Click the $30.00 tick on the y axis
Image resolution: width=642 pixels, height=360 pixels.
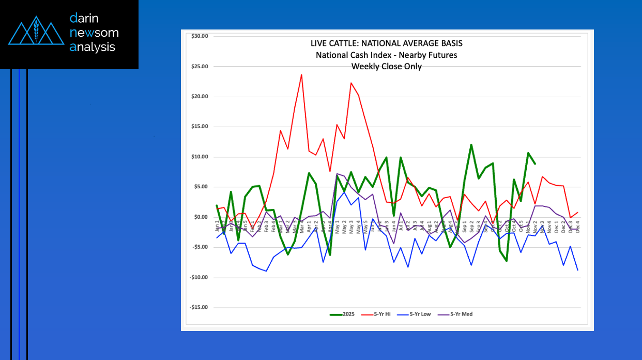pos(199,36)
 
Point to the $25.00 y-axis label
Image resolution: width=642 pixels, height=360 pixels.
pos(199,66)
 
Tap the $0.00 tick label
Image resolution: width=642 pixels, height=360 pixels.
pos(200,217)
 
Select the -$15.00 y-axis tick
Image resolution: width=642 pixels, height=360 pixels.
pos(198,307)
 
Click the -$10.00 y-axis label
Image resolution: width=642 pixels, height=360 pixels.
pos(198,277)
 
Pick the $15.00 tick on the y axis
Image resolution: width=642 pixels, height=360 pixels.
pos(199,127)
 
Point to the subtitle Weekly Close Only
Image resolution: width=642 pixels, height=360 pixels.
pos(387,66)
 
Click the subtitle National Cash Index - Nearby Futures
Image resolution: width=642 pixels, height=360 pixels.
pos(387,55)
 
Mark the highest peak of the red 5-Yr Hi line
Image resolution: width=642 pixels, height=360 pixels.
pos(301,74)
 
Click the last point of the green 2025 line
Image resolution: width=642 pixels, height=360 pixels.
pos(535,164)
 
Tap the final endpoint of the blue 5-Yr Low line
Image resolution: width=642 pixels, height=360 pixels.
pos(577,270)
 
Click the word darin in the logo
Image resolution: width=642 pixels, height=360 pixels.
pos(84,19)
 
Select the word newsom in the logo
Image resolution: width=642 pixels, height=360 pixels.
pos(94,33)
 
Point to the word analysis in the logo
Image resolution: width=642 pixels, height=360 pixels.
pos(93,47)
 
